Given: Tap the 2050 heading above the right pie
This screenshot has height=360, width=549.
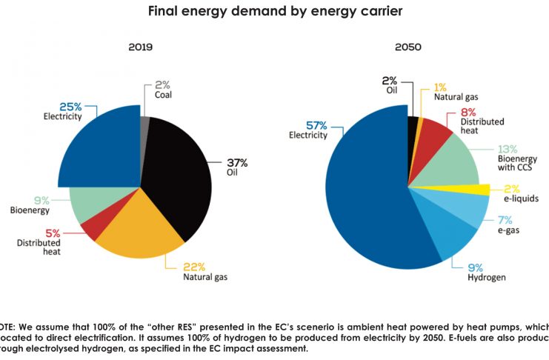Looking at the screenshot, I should pyautogui.click(x=407, y=47).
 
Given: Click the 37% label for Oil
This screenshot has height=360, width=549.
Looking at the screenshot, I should pyautogui.click(x=238, y=163).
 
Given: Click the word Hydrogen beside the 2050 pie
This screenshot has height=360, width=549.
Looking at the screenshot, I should pyautogui.click(x=487, y=278).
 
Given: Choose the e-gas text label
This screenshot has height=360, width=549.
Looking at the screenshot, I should pyautogui.click(x=508, y=233).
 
